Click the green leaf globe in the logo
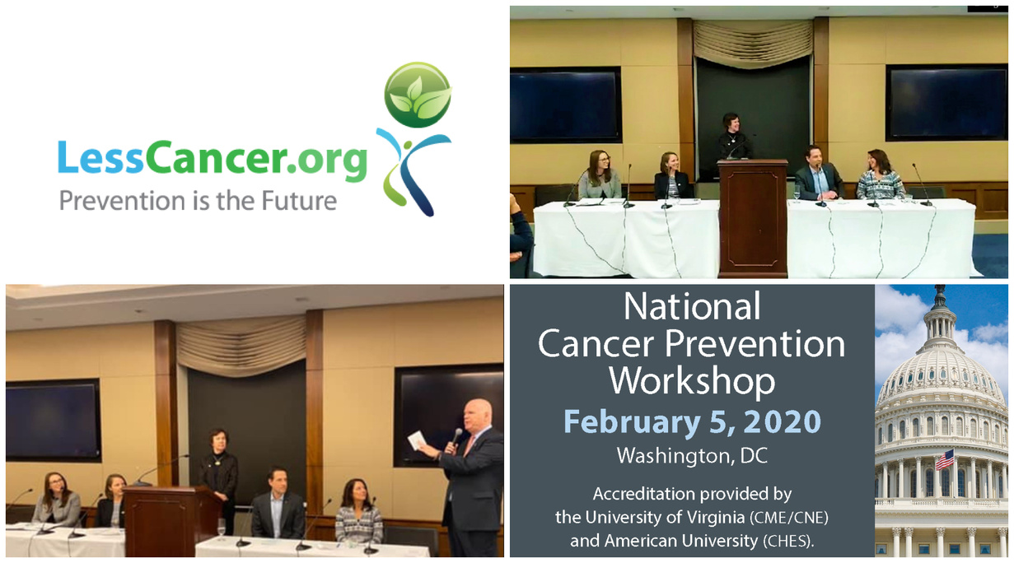(x=418, y=95)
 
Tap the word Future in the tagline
(x=299, y=201)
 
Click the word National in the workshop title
(x=692, y=306)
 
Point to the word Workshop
(x=692, y=381)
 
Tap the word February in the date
(x=632, y=422)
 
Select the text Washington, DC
(x=692, y=456)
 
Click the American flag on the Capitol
(x=945, y=460)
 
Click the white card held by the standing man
(x=417, y=440)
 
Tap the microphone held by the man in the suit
(x=455, y=439)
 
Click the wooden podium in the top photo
(x=752, y=218)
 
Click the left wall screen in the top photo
(x=565, y=105)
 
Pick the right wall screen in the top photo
(x=946, y=102)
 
